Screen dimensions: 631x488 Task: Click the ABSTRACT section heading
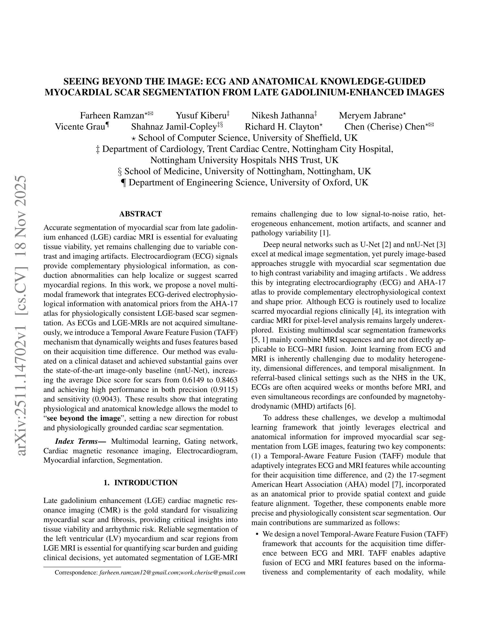point(141,214)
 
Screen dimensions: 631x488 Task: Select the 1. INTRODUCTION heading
point(141,483)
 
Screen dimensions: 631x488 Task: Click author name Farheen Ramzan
point(112,116)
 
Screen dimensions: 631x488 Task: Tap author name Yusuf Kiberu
point(201,116)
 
